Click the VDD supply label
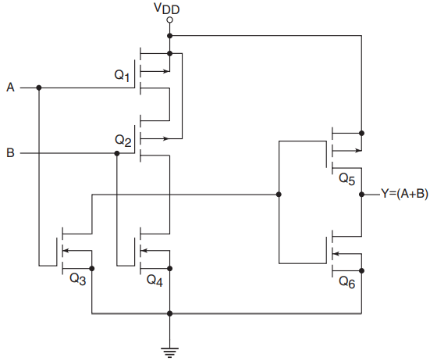pyautogui.click(x=167, y=8)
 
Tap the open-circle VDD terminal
pyautogui.click(x=170, y=20)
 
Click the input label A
pyautogui.click(x=10, y=88)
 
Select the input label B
pyautogui.click(x=10, y=152)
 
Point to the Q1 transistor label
pyautogui.click(x=122, y=75)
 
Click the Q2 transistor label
pyautogui.click(x=123, y=141)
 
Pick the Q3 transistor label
pyautogui.click(x=78, y=279)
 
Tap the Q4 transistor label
pyautogui.click(x=155, y=281)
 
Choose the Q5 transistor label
pyautogui.click(x=347, y=179)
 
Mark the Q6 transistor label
pyautogui.click(x=347, y=282)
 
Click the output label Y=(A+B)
pyautogui.click(x=404, y=194)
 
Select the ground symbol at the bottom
pyautogui.click(x=170, y=352)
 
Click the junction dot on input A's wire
pyautogui.click(x=39, y=88)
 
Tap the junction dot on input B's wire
pyautogui.click(x=117, y=153)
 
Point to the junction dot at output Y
pyautogui.click(x=362, y=195)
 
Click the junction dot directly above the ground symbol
pyautogui.click(x=170, y=313)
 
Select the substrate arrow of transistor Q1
pyautogui.click(x=155, y=71)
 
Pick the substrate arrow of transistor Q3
pyautogui.click(x=76, y=250)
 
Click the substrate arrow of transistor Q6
pyautogui.click(x=346, y=254)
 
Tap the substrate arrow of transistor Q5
pyautogui.click(x=346, y=151)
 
